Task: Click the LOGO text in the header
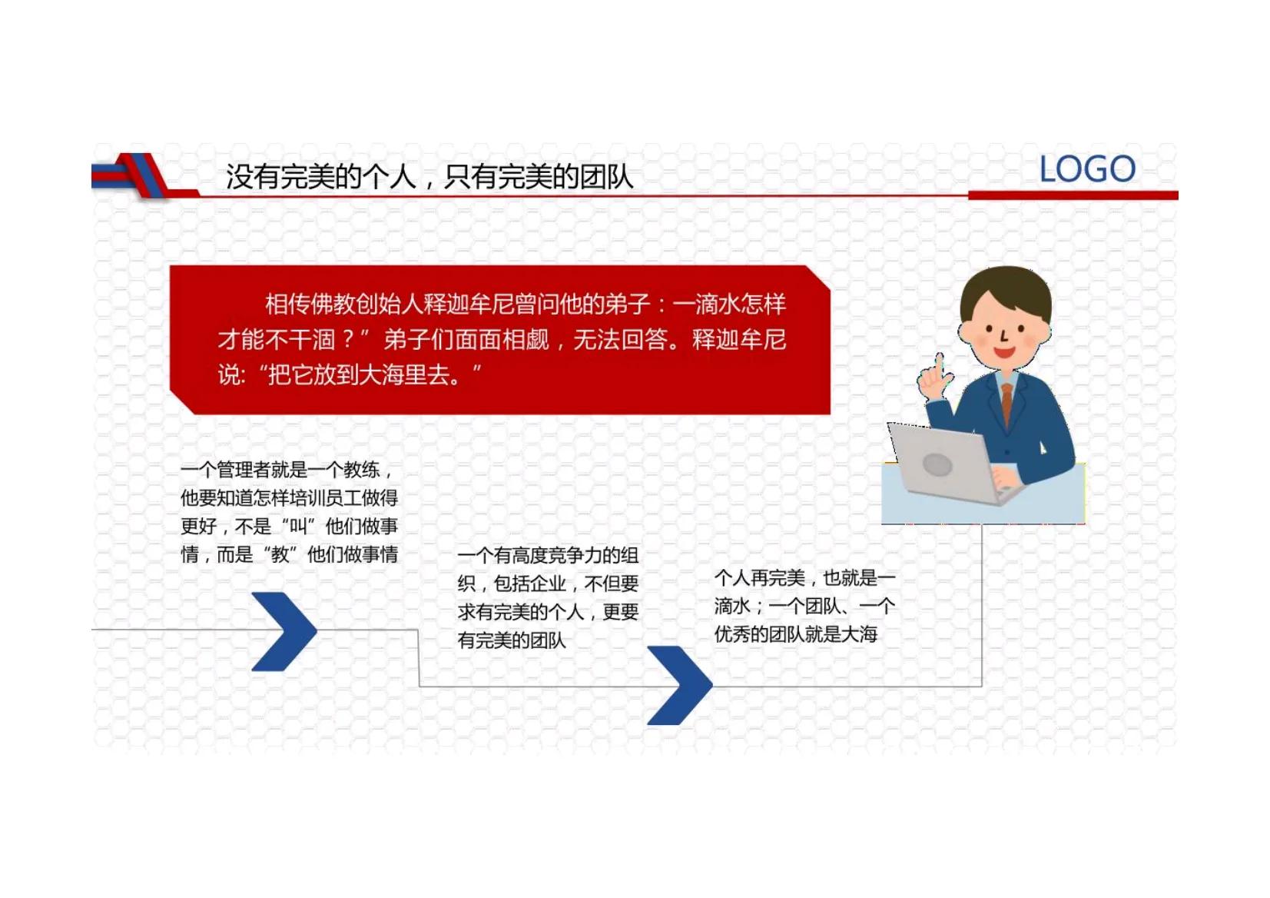pos(1086,169)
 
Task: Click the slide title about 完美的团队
pos(429,177)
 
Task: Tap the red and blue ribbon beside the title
pos(134,175)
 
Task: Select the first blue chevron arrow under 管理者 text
pos(284,631)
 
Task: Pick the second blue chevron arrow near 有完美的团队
pos(679,685)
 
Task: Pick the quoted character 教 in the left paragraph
pos(280,554)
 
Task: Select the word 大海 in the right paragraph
pos(859,634)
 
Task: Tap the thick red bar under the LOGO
pos(1073,195)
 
